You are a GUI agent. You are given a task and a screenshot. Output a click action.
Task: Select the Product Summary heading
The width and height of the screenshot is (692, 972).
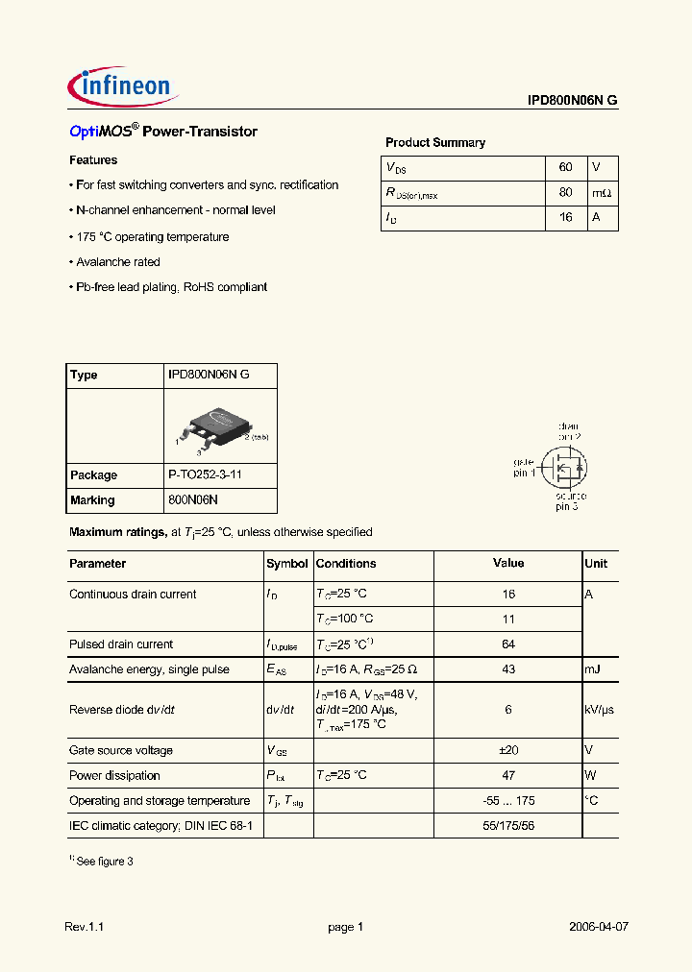434,143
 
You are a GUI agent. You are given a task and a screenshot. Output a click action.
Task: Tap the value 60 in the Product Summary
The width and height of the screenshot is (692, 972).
565,167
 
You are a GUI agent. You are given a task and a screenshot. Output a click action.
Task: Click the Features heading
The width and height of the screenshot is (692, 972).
93,160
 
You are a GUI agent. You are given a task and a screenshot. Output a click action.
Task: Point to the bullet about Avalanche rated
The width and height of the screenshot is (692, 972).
117,262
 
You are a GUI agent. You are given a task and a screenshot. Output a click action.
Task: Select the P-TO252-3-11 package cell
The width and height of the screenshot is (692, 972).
208,475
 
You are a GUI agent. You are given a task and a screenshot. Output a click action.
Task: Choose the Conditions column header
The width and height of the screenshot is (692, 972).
346,564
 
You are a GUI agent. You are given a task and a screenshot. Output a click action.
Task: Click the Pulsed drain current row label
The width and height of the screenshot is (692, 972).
121,644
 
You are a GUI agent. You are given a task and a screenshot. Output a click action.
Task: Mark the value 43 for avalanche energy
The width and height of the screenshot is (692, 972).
508,669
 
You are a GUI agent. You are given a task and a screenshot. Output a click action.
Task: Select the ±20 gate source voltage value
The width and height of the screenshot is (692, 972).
508,750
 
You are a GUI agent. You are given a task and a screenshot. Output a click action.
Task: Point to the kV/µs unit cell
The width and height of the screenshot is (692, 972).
599,710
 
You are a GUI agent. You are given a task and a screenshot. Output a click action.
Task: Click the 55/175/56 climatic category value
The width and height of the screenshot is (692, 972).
508,825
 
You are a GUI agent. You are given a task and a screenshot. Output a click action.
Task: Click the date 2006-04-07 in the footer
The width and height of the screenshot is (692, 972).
598,927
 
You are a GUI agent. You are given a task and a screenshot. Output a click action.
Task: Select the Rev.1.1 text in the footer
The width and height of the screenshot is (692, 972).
84,927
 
